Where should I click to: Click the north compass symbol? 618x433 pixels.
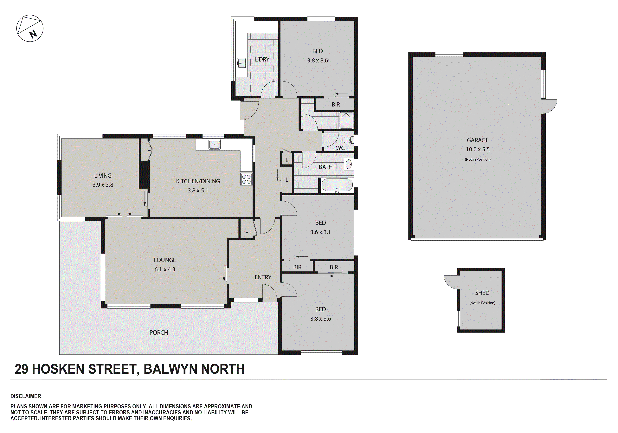point(30,28)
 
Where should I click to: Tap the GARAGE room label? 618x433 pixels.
point(478,140)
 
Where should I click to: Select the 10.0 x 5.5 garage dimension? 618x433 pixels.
point(478,149)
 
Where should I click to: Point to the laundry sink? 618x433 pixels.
point(241,63)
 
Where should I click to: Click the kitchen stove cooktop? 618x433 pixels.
point(246,179)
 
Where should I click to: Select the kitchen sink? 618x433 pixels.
point(214,144)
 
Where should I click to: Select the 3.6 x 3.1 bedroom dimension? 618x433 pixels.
point(320,232)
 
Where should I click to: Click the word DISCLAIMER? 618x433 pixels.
point(26,396)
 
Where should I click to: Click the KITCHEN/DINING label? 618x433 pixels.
point(198,181)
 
